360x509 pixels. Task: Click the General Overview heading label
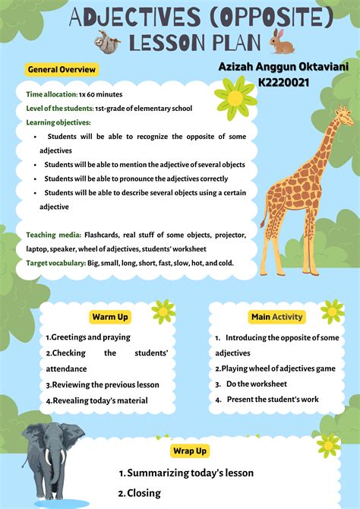pyautogui.click(x=62, y=70)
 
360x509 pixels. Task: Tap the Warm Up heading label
pyautogui.click(x=110, y=317)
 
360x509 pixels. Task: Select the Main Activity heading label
pyautogui.click(x=276, y=317)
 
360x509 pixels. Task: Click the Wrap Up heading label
pyautogui.click(x=189, y=451)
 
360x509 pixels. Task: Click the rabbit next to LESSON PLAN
pyautogui.click(x=282, y=42)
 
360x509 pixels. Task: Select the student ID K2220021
pyautogui.click(x=283, y=82)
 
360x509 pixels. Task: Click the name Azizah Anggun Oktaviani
pyautogui.click(x=283, y=68)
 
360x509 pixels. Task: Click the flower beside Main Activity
pyautogui.click(x=332, y=311)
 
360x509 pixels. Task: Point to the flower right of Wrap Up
pyautogui.click(x=328, y=444)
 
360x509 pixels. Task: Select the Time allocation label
pyautogui.click(x=51, y=95)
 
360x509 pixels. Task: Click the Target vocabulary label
pyautogui.click(x=56, y=263)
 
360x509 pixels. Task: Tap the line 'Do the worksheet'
pyautogui.click(x=257, y=384)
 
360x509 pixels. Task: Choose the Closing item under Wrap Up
pyautogui.click(x=144, y=493)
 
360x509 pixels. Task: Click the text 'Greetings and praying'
pyautogui.click(x=90, y=337)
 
